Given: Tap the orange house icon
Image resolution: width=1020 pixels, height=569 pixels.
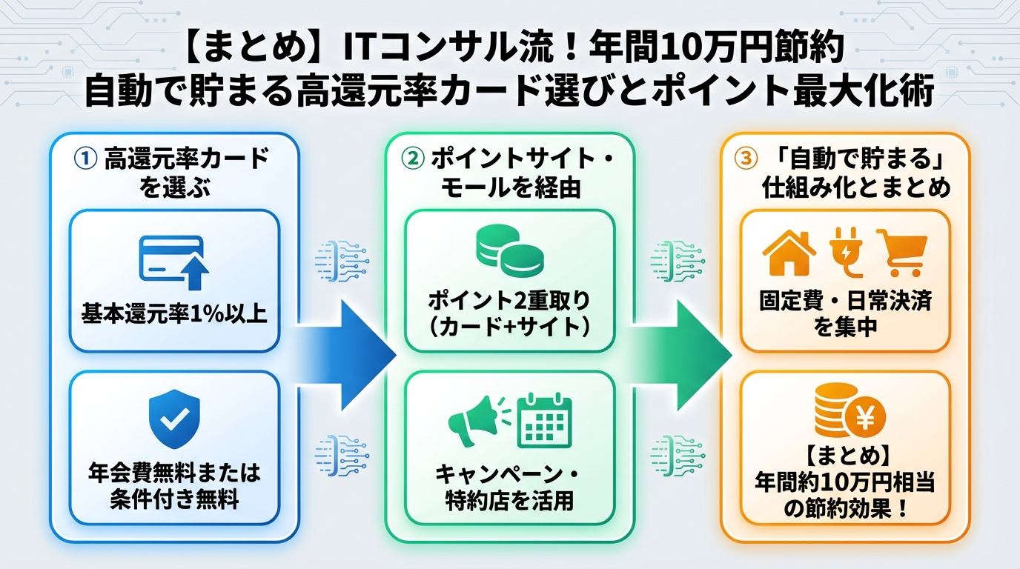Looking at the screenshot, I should coord(789,252).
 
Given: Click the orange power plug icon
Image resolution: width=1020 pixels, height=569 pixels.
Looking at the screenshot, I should coord(846,252).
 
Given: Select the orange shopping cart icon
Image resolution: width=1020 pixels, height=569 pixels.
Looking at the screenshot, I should coord(901,252).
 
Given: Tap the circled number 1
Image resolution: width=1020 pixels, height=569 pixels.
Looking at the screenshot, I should coord(84,159).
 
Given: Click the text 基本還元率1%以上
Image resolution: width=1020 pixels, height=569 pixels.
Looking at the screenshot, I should coord(174,314).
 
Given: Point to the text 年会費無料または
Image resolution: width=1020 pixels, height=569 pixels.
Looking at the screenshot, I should coord(174,472).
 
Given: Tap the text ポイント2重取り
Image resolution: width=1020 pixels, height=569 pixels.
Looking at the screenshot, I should coord(509,302).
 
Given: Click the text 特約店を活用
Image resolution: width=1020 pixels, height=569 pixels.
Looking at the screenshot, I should coord(509,500).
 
